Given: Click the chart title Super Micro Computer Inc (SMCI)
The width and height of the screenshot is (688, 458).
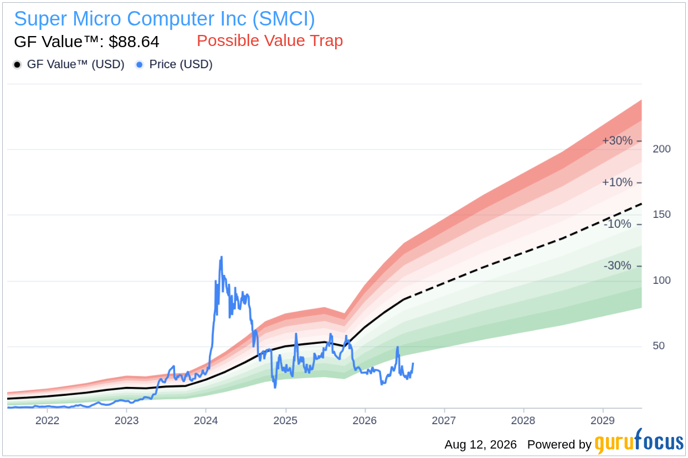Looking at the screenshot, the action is tap(165, 19).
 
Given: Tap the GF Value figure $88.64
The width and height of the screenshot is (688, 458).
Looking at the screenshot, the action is tap(134, 42).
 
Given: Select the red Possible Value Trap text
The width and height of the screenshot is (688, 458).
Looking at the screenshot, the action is tap(270, 40).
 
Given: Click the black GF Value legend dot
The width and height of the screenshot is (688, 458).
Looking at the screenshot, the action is tap(17, 64).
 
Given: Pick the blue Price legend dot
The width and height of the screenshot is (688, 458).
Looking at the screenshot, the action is tap(140, 64).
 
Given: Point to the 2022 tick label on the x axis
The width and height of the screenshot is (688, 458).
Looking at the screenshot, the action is tap(47, 420).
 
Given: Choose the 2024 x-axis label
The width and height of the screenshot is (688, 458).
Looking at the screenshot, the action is tap(206, 420).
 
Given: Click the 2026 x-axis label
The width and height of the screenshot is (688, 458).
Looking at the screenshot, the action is tap(364, 420).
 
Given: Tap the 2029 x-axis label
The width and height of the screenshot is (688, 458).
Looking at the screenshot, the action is tap(603, 420).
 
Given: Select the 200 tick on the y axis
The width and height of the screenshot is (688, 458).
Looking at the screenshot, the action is tap(661, 149).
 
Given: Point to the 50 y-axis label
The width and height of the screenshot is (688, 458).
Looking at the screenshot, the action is tap(659, 346).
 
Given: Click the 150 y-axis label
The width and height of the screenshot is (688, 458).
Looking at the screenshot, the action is tap(661, 215).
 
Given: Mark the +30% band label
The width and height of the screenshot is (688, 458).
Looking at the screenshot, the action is tap(617, 141).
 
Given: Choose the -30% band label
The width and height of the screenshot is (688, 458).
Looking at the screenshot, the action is tap(617, 266).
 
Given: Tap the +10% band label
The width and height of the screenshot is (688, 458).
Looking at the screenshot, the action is tap(617, 182).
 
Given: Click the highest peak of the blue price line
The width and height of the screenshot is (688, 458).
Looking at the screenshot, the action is tap(222, 257).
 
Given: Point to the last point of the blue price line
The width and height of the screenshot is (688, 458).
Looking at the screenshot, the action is tap(413, 364).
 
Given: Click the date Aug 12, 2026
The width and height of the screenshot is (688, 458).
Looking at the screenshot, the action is tap(481, 445).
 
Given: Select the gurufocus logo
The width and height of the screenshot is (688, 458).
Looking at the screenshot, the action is tap(639, 441).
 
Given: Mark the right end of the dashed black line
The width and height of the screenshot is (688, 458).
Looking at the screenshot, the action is tap(641, 204).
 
